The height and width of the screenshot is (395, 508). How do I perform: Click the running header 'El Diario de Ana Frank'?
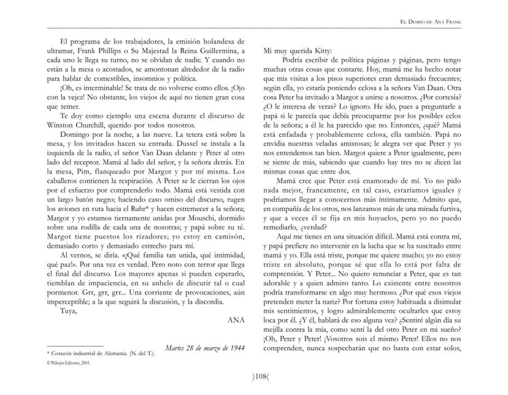click(455, 22)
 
